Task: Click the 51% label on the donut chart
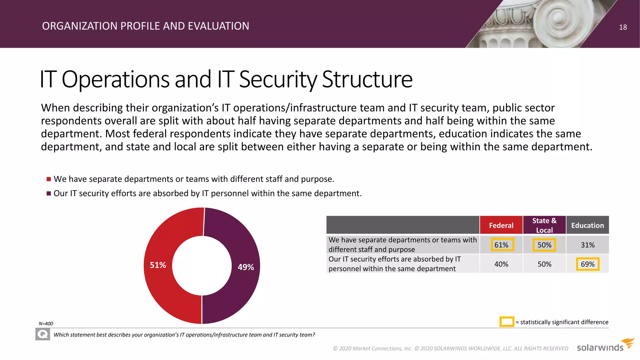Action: (158, 265)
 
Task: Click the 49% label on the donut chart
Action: (246, 267)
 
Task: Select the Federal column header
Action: (501, 225)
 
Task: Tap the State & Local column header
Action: (544, 225)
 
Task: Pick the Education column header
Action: (587, 225)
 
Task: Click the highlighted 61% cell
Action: (501, 245)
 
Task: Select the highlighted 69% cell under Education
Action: (587, 264)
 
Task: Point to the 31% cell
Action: (587, 245)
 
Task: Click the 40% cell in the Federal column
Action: (501, 264)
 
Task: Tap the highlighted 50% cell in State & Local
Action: (544, 245)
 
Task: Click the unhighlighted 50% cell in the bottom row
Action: (544, 264)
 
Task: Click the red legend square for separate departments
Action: (49, 179)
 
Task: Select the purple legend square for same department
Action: (49, 193)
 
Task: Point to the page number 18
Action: (623, 27)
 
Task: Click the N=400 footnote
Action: (46, 324)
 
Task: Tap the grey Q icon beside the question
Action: (43, 335)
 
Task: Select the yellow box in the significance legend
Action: (507, 322)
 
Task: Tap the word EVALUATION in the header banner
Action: (218, 26)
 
